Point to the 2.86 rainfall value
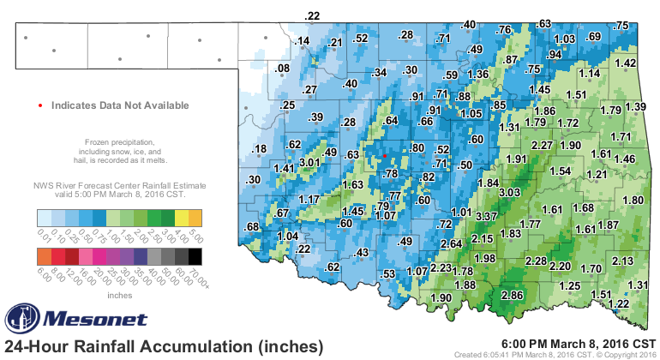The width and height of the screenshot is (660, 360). [x=513, y=296]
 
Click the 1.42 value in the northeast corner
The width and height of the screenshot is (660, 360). [x=626, y=63]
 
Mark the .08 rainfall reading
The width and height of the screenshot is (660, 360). [x=281, y=69]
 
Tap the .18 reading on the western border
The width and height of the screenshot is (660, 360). [x=258, y=150]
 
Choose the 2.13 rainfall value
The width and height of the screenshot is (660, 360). [x=622, y=261]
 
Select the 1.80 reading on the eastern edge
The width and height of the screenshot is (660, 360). [x=632, y=201]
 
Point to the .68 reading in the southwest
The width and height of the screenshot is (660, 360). [x=253, y=227]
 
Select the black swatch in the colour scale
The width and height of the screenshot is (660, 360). [x=195, y=255]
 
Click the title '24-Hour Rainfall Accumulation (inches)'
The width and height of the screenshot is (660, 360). [x=164, y=346]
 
